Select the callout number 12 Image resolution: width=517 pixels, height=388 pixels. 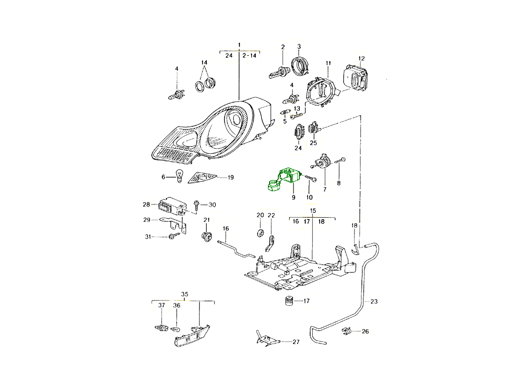pyautogui.click(x=361, y=58)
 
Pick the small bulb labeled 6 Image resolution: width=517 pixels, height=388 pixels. pyautogui.click(x=179, y=176)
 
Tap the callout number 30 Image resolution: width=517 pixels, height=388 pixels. pyautogui.click(x=212, y=204)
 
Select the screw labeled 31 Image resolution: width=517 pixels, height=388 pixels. pyautogui.click(x=175, y=236)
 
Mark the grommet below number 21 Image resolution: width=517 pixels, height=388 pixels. pyautogui.click(x=207, y=236)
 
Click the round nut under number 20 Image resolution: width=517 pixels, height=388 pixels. pyautogui.click(x=260, y=233)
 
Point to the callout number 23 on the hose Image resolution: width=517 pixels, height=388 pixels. pyautogui.click(x=374, y=302)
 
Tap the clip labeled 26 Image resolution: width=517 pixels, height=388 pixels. pyautogui.click(x=347, y=332)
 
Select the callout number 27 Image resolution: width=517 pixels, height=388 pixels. pyautogui.click(x=296, y=342)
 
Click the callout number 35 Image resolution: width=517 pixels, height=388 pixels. pyautogui.click(x=184, y=295)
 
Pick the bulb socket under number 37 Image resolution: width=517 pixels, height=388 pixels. pyautogui.click(x=160, y=328)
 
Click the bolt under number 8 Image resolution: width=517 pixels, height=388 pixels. pyautogui.click(x=339, y=162)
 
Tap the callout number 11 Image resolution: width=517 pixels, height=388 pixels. pyautogui.click(x=328, y=63)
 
